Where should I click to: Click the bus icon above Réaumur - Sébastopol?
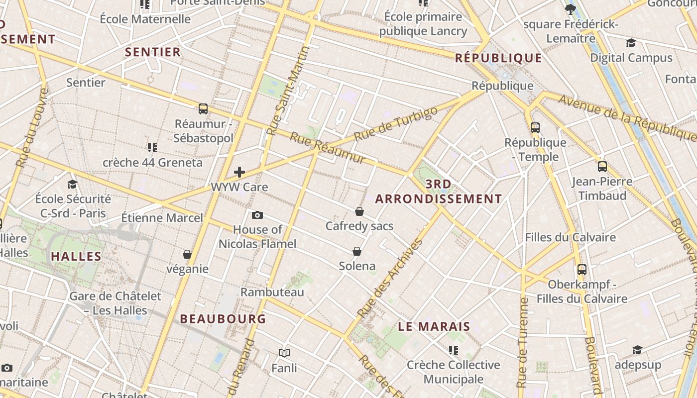coord(203,108)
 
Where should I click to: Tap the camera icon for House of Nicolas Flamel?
coord(257,215)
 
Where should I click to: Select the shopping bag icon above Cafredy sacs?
coord(359,211)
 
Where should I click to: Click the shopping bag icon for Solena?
coord(357,251)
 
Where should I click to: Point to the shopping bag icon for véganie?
coord(187,254)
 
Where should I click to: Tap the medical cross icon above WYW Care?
coord(239,172)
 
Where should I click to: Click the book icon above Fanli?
coord(284,353)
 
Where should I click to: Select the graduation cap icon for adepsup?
coord(637,350)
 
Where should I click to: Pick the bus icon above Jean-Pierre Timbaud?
coord(602,167)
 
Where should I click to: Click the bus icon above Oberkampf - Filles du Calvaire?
coord(582,270)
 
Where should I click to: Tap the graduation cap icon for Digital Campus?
coord(631,43)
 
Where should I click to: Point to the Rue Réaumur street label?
coord(328,148)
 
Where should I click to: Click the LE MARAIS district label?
coord(434,326)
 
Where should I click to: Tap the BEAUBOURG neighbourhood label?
coord(223,319)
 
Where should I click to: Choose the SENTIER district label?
coord(153,52)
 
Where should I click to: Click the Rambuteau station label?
coord(272,292)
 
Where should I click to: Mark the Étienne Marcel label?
coord(162,217)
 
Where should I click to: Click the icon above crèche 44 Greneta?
coord(152,147)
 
